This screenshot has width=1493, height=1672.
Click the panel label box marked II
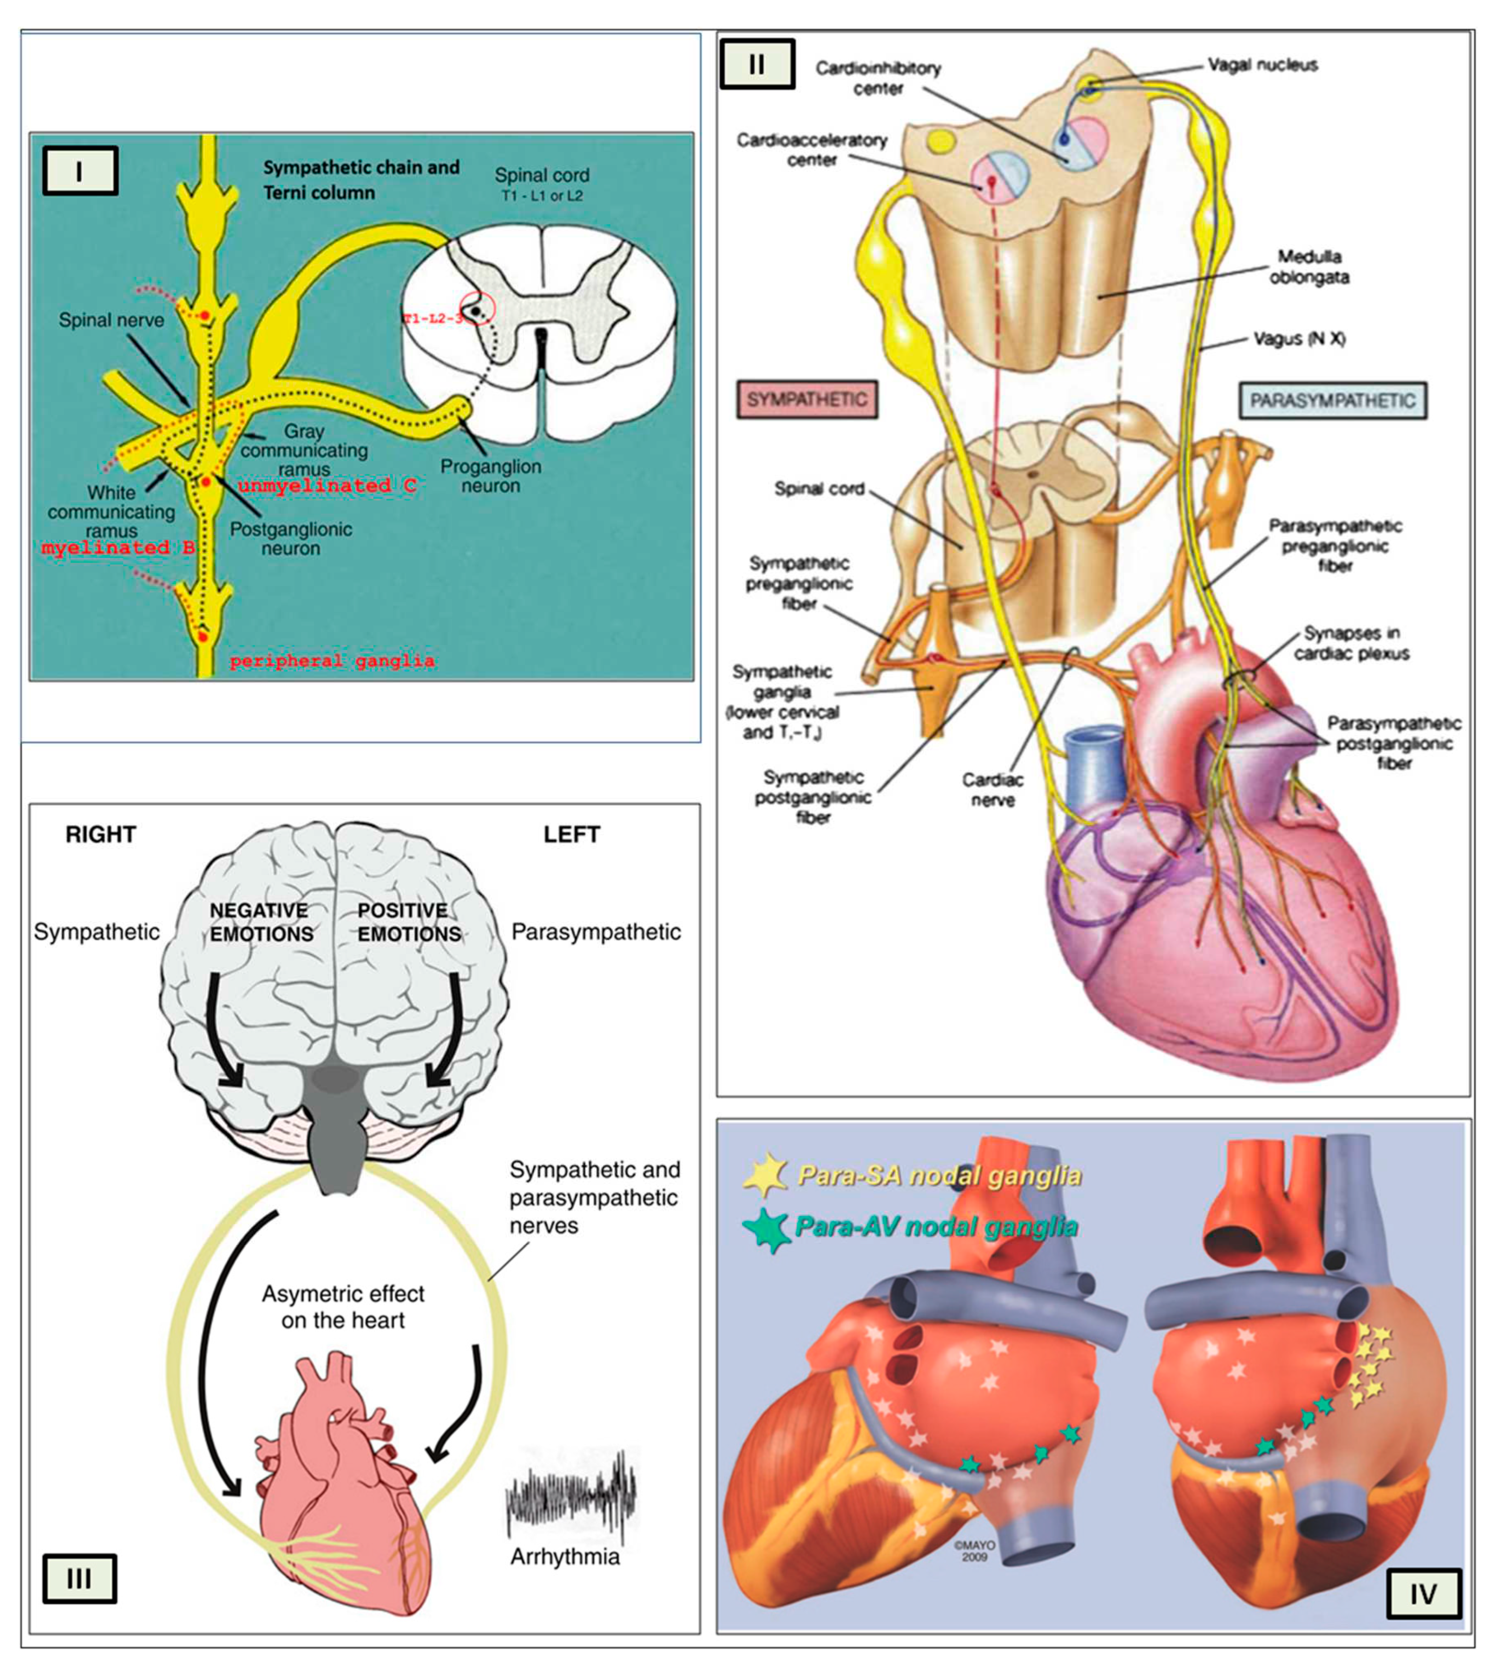click(x=756, y=64)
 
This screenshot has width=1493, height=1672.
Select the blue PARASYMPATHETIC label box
click(x=1332, y=400)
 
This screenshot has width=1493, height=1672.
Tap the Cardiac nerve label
click(x=993, y=789)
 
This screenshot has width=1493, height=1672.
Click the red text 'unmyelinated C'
click(x=326, y=486)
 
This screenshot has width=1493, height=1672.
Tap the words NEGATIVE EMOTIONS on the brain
click(x=261, y=922)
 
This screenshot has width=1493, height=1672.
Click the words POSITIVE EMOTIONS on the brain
click(x=408, y=922)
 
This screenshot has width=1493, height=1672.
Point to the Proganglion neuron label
click(x=491, y=476)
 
